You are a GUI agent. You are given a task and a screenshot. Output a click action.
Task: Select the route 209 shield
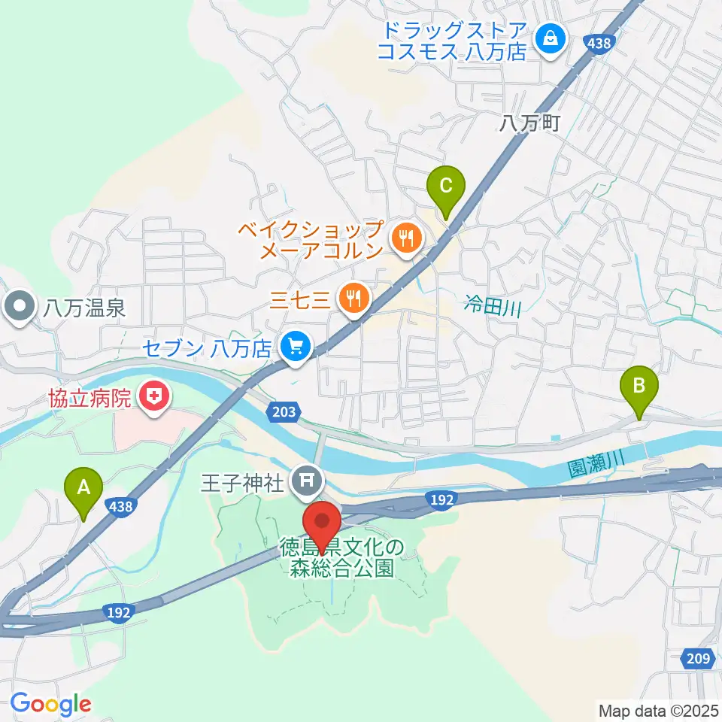(698, 659)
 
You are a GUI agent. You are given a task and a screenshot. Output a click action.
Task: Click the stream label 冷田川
(493, 306)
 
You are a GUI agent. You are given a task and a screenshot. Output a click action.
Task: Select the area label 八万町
(529, 124)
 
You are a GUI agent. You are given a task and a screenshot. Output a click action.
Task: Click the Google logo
(50, 704)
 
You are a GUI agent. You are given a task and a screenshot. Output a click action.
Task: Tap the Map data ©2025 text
(658, 709)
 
